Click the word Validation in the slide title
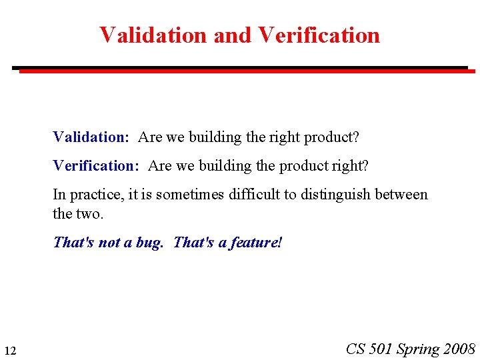point(153,35)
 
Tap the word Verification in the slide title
point(319,35)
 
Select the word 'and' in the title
point(233,35)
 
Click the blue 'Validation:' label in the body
point(91,137)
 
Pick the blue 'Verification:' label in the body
point(95,165)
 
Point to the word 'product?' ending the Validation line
point(331,138)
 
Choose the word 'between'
point(401,195)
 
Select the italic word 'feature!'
point(257,243)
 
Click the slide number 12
point(10,351)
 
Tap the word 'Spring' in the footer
point(418,349)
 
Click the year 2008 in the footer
point(459,349)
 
